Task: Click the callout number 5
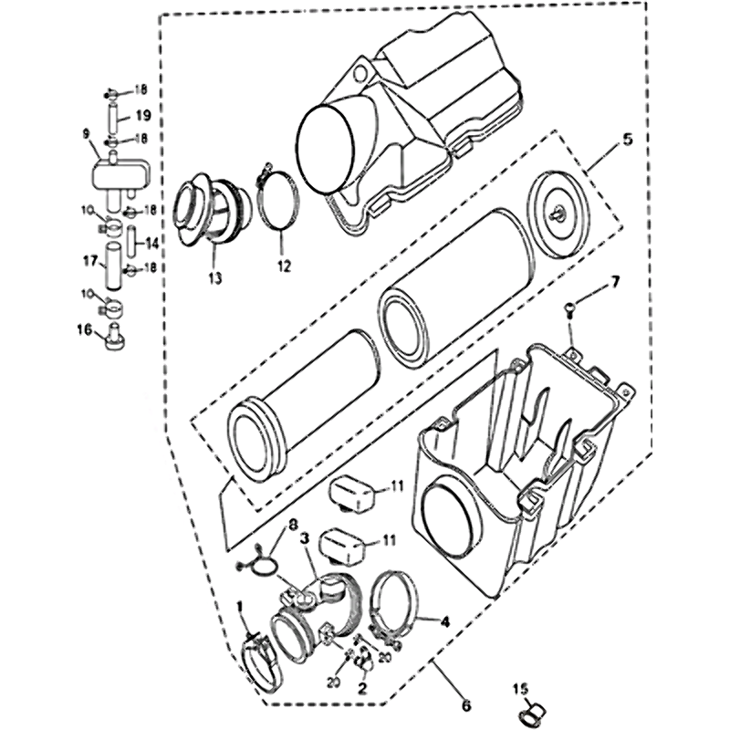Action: [627, 140]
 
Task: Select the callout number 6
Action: [466, 705]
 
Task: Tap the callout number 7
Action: [615, 281]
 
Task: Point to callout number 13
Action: [215, 278]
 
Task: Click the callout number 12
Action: [284, 266]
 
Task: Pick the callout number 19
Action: [143, 115]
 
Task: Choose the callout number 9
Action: [86, 134]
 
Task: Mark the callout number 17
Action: [90, 262]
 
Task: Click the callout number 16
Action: [85, 329]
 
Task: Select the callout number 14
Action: [151, 243]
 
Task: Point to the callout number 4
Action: [445, 621]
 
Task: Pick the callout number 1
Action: [240, 607]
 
